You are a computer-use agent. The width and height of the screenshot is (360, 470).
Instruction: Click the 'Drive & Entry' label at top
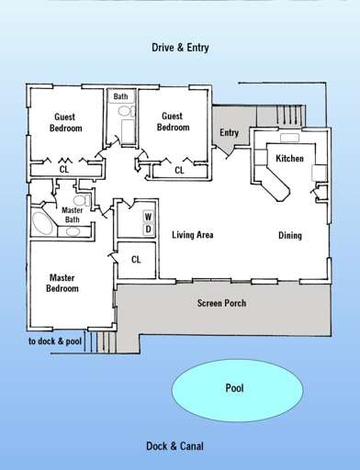(x=180, y=47)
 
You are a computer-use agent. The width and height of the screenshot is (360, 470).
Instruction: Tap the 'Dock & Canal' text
(x=174, y=446)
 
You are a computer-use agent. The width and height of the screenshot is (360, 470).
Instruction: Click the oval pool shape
(x=234, y=388)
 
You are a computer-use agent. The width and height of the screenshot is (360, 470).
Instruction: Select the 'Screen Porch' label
(x=221, y=303)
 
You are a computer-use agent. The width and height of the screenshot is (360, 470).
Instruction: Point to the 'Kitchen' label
(x=290, y=159)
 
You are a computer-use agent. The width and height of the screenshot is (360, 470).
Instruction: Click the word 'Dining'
(x=289, y=236)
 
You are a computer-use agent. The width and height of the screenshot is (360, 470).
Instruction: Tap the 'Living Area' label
(x=193, y=236)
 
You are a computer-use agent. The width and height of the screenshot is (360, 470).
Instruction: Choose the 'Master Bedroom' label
(x=62, y=283)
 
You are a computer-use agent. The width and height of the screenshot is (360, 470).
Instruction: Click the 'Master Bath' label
(x=72, y=215)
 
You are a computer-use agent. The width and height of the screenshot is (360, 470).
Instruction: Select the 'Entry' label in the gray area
(x=230, y=133)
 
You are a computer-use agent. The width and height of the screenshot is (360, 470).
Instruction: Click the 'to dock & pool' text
(x=55, y=341)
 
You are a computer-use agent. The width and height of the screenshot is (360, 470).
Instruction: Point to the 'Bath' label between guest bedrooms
(x=120, y=96)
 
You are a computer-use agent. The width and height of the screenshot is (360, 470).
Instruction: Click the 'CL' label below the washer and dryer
(x=136, y=260)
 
